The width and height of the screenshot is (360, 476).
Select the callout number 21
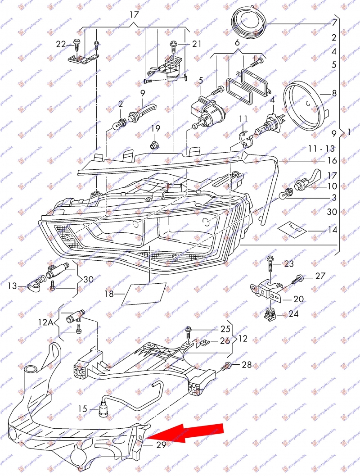tap(197, 44)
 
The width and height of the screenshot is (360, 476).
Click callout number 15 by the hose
tap(82, 408)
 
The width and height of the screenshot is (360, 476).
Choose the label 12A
tap(45, 322)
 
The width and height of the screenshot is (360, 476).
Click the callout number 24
tap(293, 314)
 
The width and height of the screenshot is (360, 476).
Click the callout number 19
tap(155, 129)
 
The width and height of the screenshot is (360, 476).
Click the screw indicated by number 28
tap(228, 366)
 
